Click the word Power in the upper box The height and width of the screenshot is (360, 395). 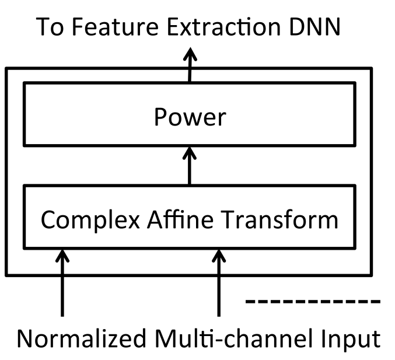[x=190, y=117]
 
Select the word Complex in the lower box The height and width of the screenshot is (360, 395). [x=90, y=221]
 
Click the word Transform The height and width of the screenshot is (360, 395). [x=279, y=219]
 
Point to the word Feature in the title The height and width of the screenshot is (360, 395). [x=115, y=26]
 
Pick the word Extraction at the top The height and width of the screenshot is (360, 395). [x=223, y=26]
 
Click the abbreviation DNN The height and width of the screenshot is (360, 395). [x=314, y=26]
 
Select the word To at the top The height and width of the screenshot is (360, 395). [x=50, y=26]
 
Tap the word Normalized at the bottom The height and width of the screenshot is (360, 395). [x=82, y=338]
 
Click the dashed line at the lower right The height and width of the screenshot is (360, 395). [x=313, y=301]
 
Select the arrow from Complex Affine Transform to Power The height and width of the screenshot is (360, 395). [x=190, y=166]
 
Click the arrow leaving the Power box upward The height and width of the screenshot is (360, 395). [x=190, y=65]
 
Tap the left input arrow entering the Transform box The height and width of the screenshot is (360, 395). [x=62, y=283]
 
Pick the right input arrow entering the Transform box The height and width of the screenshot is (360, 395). [x=219, y=283]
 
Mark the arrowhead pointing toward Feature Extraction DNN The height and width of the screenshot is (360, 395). [x=190, y=54]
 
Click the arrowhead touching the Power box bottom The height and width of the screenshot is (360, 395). [x=190, y=153]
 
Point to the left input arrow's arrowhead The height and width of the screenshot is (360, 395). [x=62, y=256]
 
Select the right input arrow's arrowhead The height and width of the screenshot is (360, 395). [x=219, y=256]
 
